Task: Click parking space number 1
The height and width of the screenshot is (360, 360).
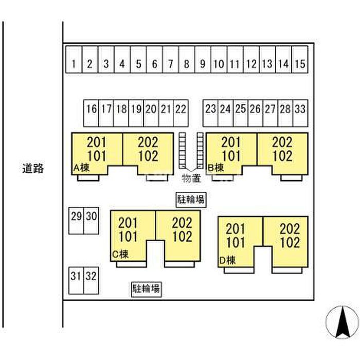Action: (x=74, y=64)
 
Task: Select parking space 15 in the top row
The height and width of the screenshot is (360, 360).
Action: (x=301, y=64)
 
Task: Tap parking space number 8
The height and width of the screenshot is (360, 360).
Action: (x=187, y=64)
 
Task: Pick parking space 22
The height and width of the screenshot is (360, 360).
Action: (x=181, y=109)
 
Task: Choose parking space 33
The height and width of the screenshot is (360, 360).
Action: (x=301, y=109)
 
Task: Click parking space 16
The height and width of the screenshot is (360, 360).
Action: (x=92, y=109)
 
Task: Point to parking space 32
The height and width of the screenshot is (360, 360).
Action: (x=91, y=276)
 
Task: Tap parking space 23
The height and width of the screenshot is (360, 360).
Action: (x=210, y=109)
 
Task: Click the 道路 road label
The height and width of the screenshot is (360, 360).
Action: (x=33, y=168)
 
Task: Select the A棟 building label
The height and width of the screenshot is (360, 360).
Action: (x=83, y=167)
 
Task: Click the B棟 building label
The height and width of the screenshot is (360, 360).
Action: (x=217, y=167)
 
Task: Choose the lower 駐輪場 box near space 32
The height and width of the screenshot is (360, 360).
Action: (x=147, y=289)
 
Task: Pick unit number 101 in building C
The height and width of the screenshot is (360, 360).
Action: (x=128, y=237)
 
